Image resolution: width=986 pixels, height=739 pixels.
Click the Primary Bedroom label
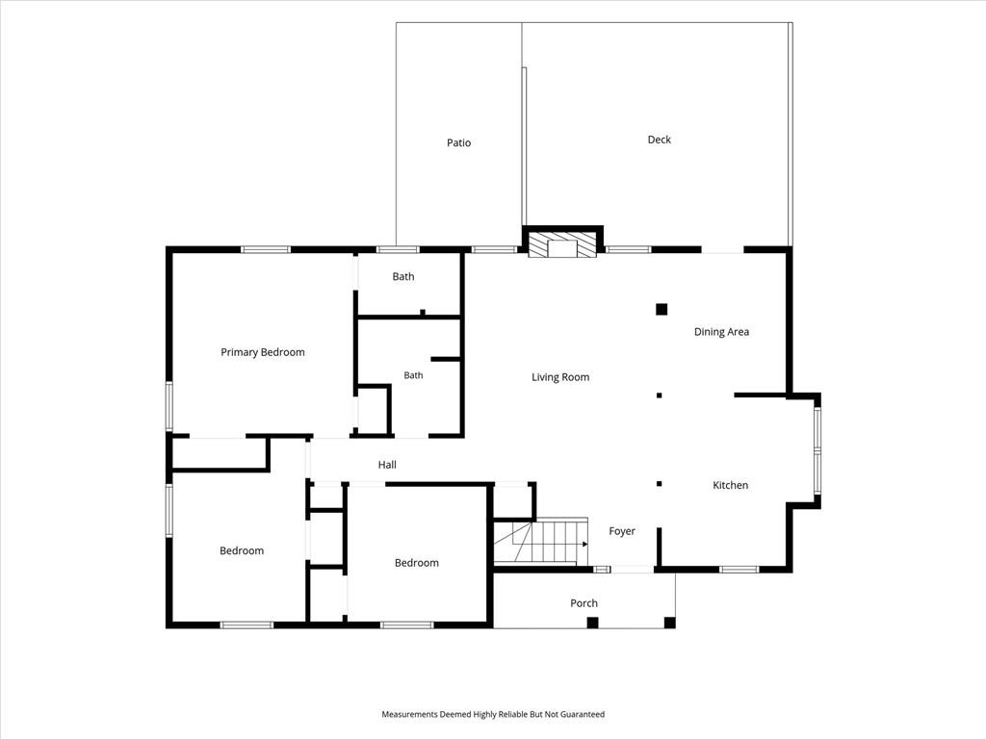(263, 352)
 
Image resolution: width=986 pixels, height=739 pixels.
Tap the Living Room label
(560, 377)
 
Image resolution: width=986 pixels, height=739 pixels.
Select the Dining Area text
(721, 332)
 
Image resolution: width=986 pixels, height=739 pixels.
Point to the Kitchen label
(730, 485)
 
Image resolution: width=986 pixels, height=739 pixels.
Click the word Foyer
(622, 531)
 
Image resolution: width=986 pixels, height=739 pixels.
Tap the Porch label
(584, 603)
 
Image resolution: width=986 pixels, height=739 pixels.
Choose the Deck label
(659, 140)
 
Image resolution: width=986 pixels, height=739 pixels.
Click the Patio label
(458, 142)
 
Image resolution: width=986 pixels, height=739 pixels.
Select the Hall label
(387, 465)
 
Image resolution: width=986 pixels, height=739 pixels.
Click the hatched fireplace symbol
(561, 244)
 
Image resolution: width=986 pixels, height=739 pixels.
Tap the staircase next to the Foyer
(541, 542)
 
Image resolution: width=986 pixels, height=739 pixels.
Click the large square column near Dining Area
(662, 309)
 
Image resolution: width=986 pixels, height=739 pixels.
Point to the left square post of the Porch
(592, 623)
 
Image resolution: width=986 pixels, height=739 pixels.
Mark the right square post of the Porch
(670, 623)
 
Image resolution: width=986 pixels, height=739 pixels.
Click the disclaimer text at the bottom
(493, 714)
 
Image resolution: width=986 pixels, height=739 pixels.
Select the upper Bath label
(403, 276)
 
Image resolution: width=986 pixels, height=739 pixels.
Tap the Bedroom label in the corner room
(242, 551)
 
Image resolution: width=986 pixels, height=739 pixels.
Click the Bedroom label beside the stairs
(416, 563)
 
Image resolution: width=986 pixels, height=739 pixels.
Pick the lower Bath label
(413, 375)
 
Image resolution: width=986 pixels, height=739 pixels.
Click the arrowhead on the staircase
(584, 545)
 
